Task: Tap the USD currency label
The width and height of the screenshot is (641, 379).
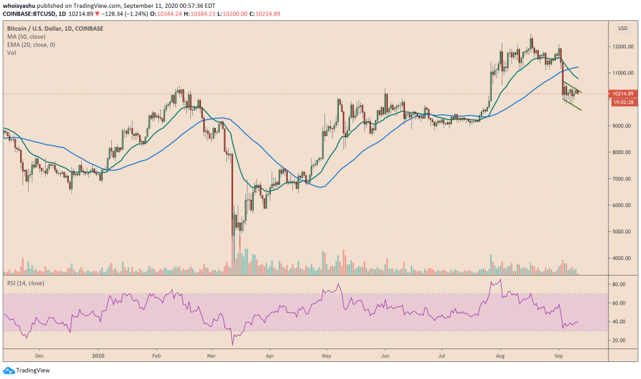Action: pos(622,28)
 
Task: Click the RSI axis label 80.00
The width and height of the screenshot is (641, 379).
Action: pos(619,285)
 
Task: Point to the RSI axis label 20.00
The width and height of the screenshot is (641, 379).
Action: pos(619,340)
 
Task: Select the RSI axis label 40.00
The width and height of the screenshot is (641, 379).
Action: pos(619,321)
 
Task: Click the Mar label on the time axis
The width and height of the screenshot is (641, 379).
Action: pos(211,357)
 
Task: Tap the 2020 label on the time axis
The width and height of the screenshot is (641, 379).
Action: pos(98,357)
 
